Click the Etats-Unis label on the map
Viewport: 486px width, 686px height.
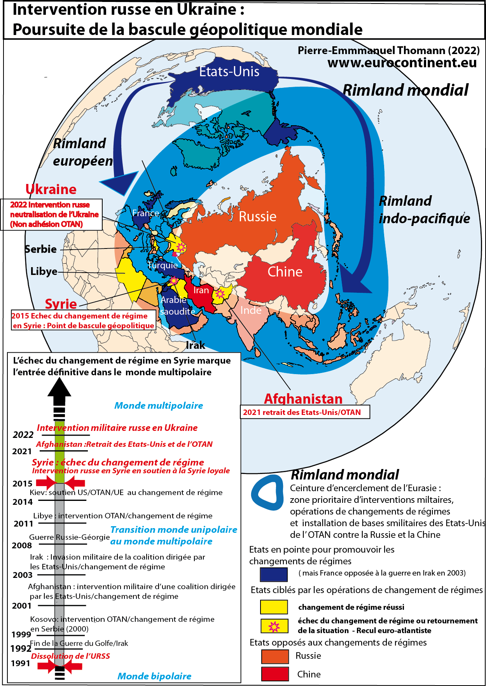click(229, 72)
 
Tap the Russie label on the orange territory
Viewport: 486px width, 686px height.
click(257, 217)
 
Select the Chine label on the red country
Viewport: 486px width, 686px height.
click(285, 272)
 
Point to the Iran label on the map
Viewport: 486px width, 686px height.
click(201, 290)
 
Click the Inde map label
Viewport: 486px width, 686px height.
click(251, 310)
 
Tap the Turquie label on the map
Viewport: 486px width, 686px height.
click(163, 266)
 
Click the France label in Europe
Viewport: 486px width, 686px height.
click(145, 213)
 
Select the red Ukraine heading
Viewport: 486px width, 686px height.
click(51, 189)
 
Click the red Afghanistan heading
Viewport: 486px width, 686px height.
click(303, 399)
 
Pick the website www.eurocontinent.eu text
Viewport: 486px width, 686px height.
click(402, 63)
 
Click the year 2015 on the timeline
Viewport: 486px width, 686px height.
click(23, 484)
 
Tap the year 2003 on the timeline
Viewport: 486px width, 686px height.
click(23, 575)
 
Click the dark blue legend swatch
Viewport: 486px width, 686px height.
click(274, 574)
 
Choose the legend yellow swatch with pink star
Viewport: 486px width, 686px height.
click(274, 626)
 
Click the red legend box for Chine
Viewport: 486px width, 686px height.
click(275, 674)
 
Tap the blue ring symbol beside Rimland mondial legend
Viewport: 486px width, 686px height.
click(268, 492)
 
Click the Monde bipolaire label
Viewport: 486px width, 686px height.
click(154, 676)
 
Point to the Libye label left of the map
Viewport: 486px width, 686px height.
click(44, 271)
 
